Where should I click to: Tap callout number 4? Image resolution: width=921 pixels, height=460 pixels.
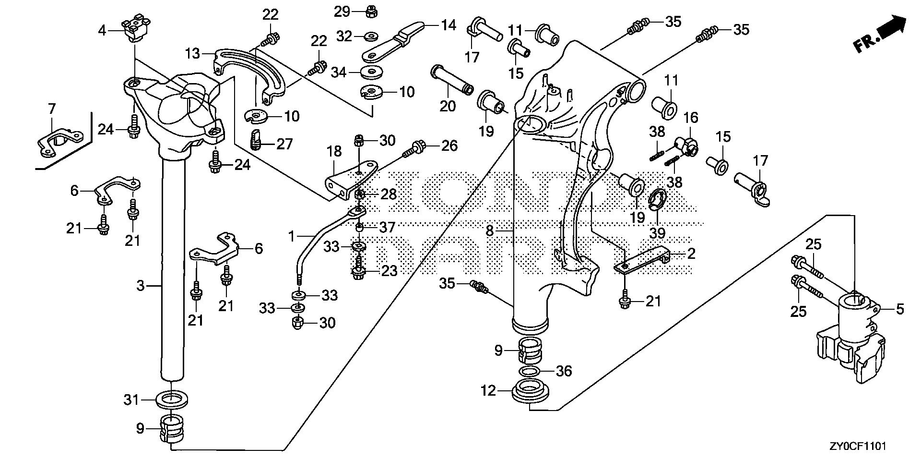102,31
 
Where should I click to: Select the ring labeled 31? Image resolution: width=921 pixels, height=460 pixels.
172,399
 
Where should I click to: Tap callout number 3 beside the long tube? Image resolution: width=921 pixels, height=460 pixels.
140,286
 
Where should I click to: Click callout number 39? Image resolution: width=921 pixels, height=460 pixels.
657,233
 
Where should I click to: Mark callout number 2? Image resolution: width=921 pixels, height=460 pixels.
691,254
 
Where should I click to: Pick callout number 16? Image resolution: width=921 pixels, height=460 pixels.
691,118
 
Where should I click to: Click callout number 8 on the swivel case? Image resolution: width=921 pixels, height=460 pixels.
489,231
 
